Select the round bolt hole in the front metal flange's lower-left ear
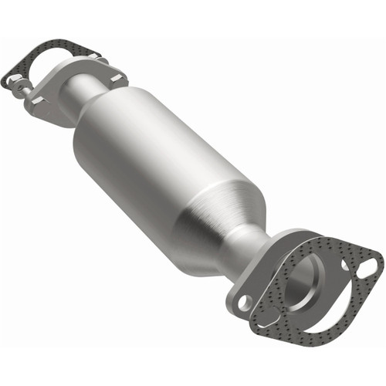click(245, 303)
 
